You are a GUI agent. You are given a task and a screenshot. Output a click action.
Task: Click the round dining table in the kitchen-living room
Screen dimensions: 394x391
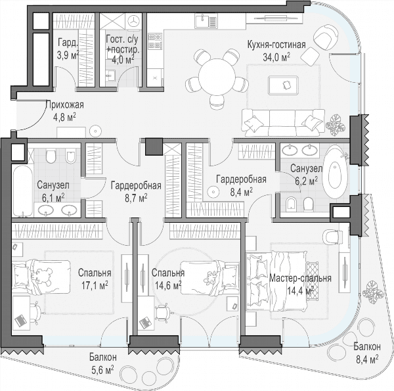click(x=217, y=77)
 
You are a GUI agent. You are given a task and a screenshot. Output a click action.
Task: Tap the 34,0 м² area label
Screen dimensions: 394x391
click(x=276, y=57)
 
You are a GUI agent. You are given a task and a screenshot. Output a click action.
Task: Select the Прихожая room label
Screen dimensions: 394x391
click(x=65, y=104)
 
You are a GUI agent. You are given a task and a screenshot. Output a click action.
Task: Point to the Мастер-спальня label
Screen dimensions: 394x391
click(x=300, y=279)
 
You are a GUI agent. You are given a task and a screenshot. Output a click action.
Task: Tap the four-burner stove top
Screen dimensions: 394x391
click(x=155, y=41)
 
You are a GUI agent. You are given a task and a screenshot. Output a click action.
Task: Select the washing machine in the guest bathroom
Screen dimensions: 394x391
click(x=133, y=21)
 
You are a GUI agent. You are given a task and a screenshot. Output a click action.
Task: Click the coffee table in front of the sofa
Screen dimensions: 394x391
click(x=284, y=85)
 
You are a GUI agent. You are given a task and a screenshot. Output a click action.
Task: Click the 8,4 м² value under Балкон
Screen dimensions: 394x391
click(x=367, y=359)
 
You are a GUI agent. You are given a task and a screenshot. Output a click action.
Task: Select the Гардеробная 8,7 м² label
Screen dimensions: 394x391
click(x=136, y=192)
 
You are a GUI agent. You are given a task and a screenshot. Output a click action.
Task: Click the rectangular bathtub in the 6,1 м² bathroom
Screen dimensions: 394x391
click(x=22, y=191)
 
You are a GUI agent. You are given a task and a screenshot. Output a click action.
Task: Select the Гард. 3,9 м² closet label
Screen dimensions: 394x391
click(x=68, y=48)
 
